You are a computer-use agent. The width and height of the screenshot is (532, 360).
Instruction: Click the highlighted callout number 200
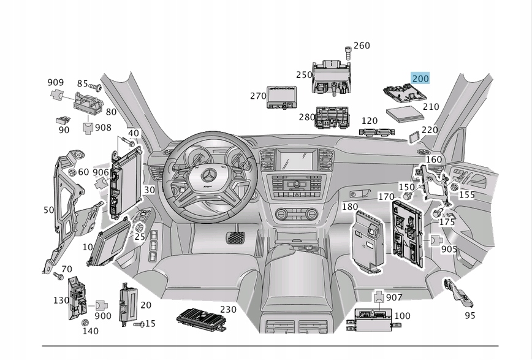point(420,78)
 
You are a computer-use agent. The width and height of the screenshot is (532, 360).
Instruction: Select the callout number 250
point(304,75)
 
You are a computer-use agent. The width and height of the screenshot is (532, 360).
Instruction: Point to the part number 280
point(306,117)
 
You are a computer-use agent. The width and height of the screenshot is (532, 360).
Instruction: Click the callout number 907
point(394,297)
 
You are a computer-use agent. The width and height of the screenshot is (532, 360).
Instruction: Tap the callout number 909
point(56,82)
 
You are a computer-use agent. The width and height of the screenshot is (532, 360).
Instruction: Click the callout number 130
point(61,300)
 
